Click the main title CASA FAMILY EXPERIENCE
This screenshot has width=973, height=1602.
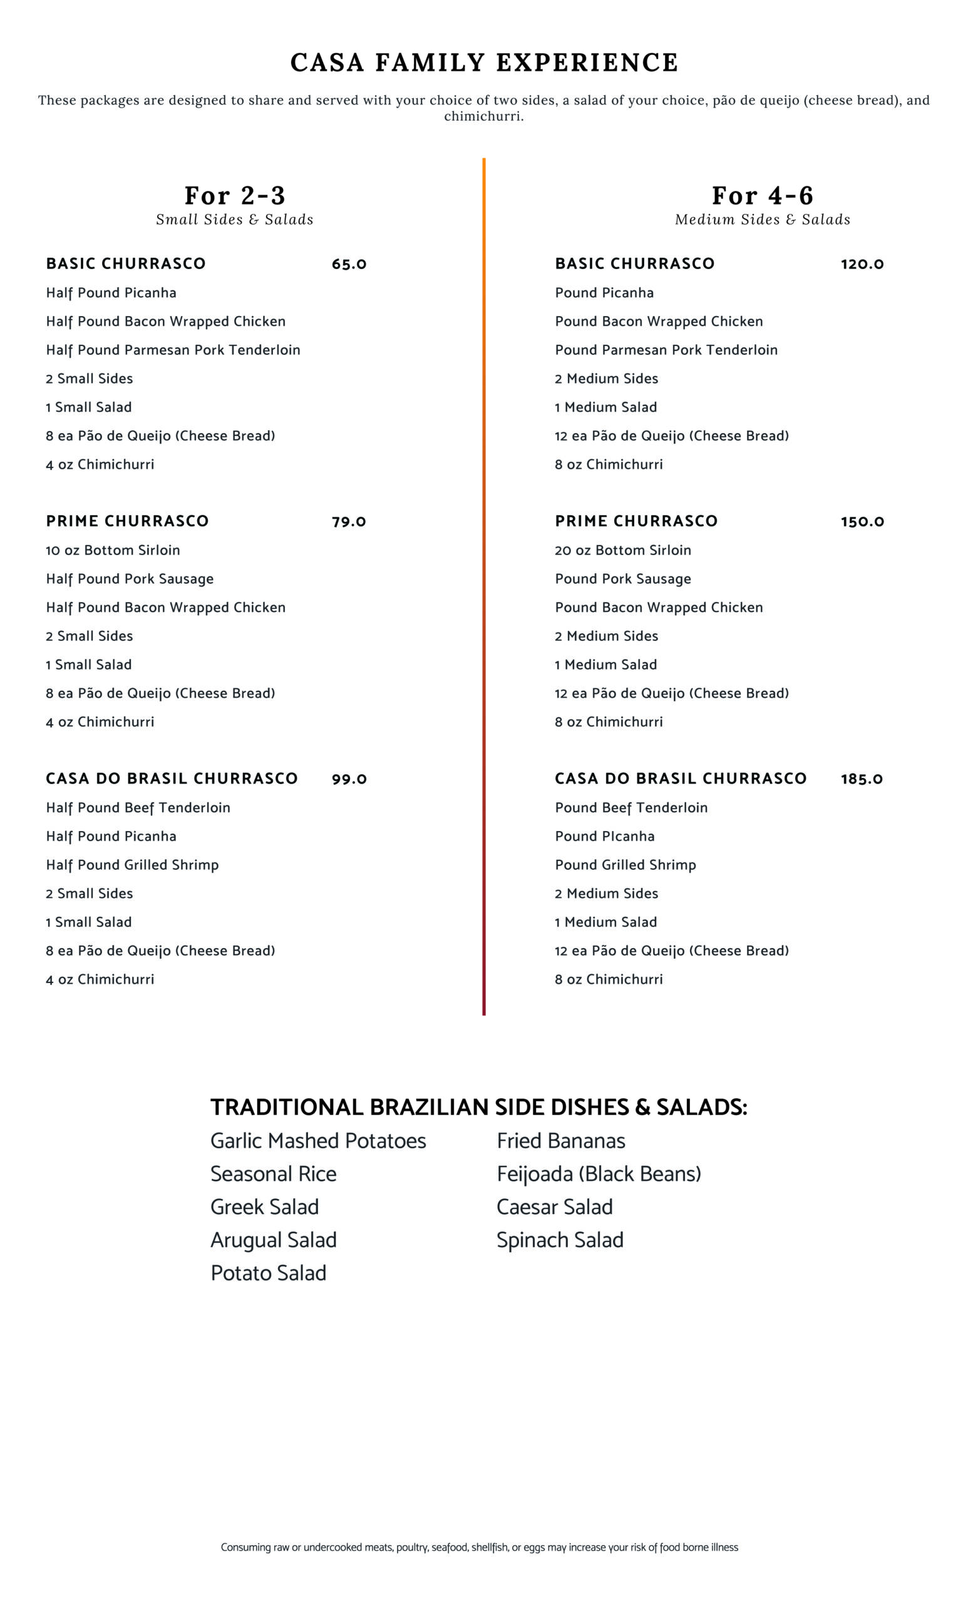(x=485, y=63)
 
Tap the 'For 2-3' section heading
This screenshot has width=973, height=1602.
(x=235, y=195)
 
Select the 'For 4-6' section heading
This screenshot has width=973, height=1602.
(x=762, y=195)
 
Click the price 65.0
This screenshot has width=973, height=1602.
(x=349, y=264)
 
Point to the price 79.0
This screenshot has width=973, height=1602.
(x=349, y=521)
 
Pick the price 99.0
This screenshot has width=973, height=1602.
(x=349, y=779)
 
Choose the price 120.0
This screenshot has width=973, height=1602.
(x=862, y=264)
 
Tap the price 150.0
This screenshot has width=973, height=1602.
(x=862, y=521)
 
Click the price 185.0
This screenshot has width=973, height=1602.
(x=861, y=779)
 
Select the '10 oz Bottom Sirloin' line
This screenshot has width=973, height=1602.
(x=113, y=550)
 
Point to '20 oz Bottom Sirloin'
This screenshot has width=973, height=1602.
(x=622, y=550)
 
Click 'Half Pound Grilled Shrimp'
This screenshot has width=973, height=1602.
(x=132, y=865)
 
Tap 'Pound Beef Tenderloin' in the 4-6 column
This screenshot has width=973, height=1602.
(x=631, y=807)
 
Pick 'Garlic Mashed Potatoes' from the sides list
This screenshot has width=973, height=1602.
(x=318, y=1141)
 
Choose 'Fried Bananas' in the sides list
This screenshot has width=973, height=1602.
(x=560, y=1141)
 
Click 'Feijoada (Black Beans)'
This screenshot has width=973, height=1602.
(x=599, y=1174)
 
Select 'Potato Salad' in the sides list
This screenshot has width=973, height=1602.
(x=268, y=1273)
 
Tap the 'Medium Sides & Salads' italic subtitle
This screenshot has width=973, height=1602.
(x=762, y=220)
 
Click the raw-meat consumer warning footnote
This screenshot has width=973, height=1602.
(x=480, y=1548)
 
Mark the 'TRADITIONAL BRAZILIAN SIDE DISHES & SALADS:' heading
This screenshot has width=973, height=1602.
(x=479, y=1107)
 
